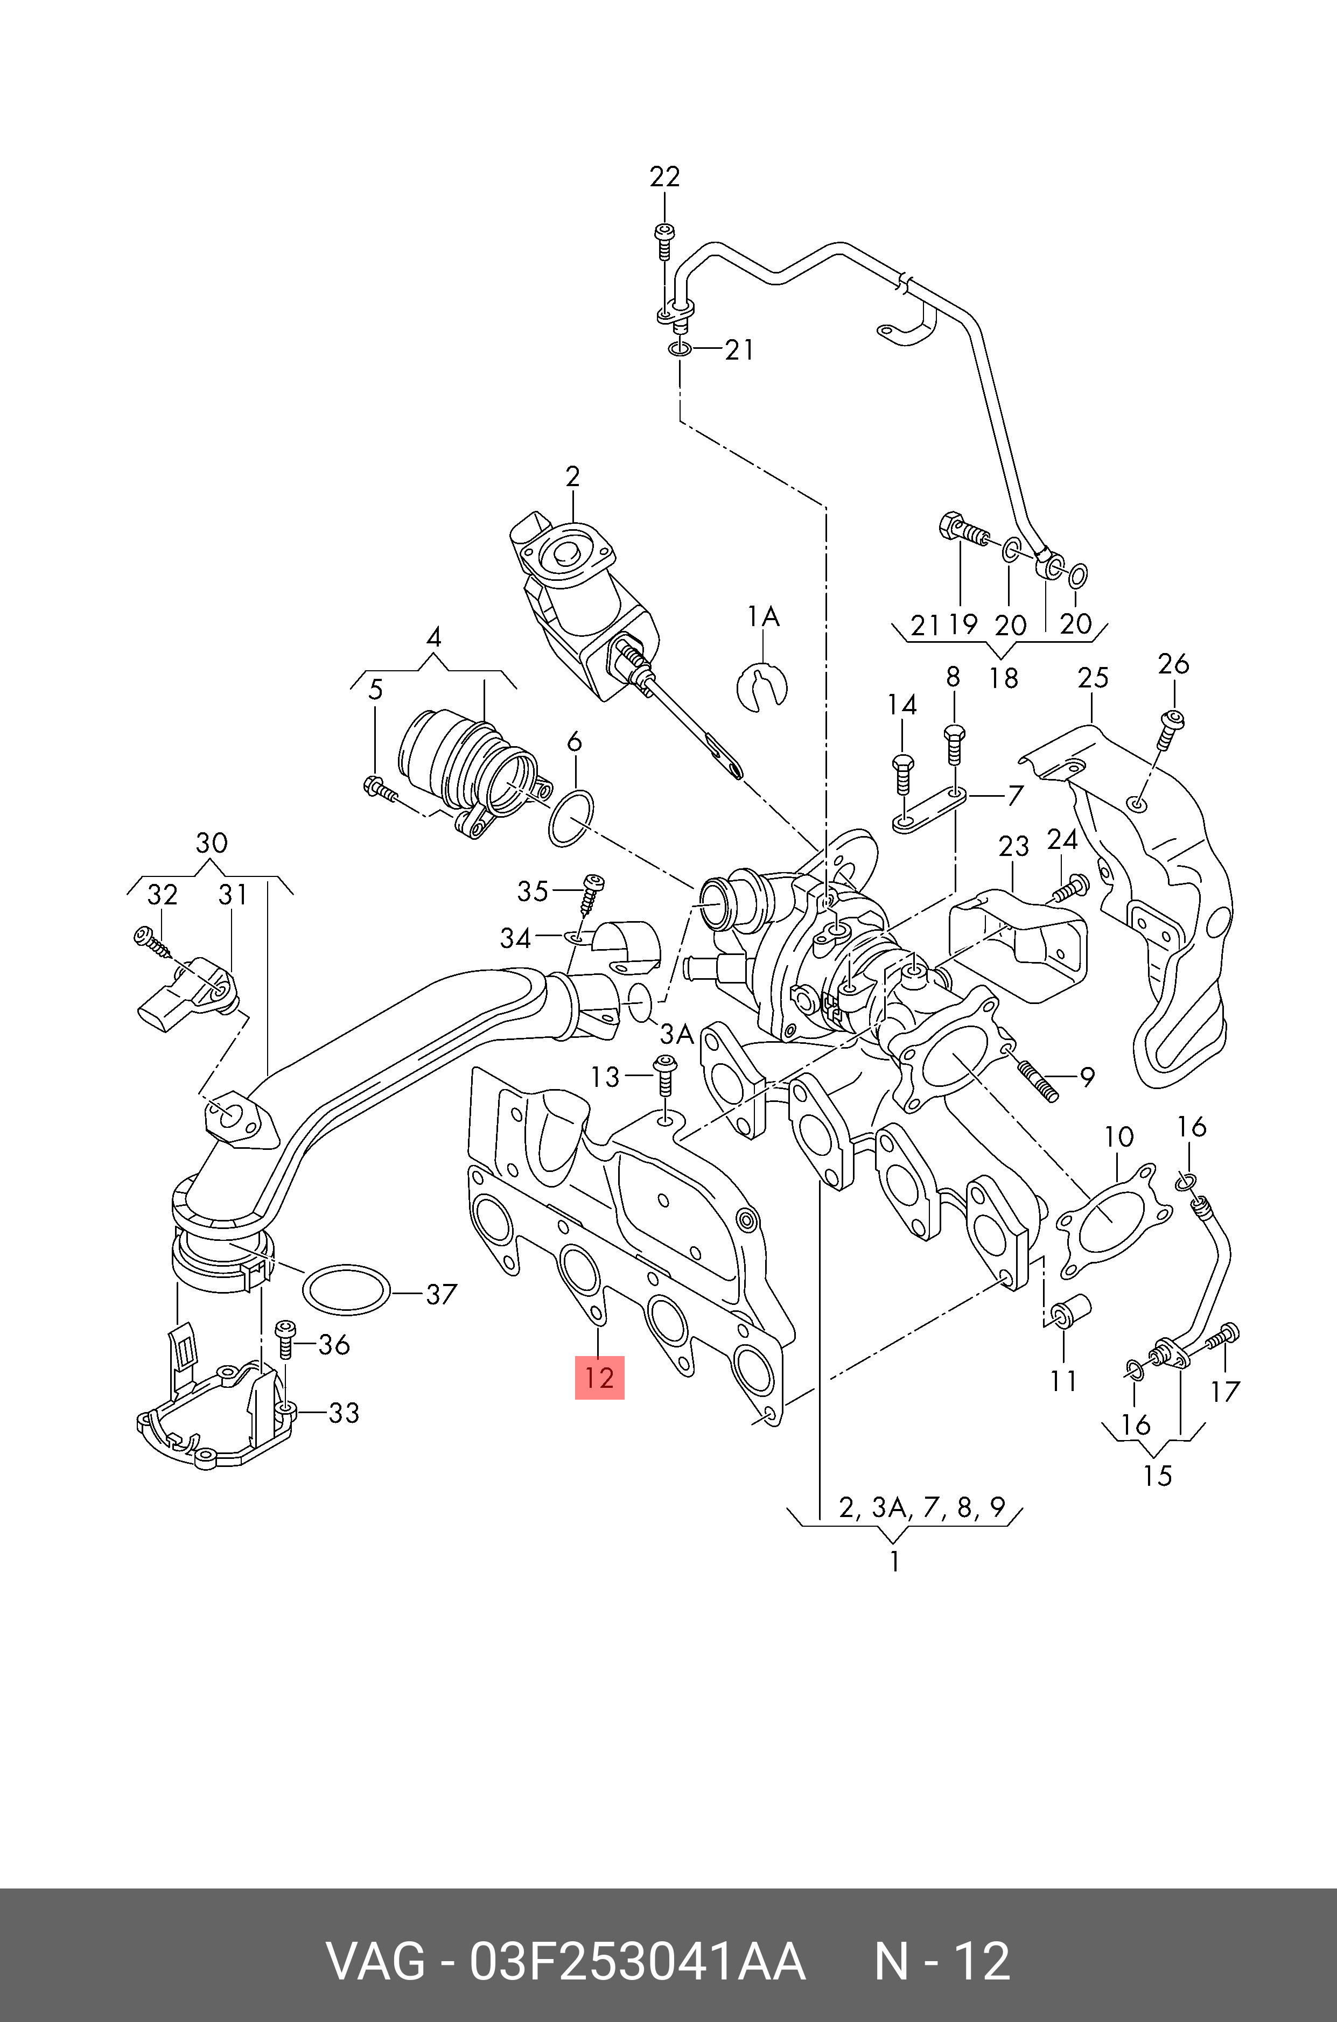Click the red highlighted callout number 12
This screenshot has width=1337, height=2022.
[599, 1378]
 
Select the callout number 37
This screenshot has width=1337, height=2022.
[441, 1294]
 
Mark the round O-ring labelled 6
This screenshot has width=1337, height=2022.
[570, 818]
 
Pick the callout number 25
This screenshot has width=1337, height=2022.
[1093, 678]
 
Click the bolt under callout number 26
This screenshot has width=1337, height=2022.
[1171, 729]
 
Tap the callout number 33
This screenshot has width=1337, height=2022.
[344, 1413]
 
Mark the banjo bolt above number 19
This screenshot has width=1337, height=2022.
[962, 529]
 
